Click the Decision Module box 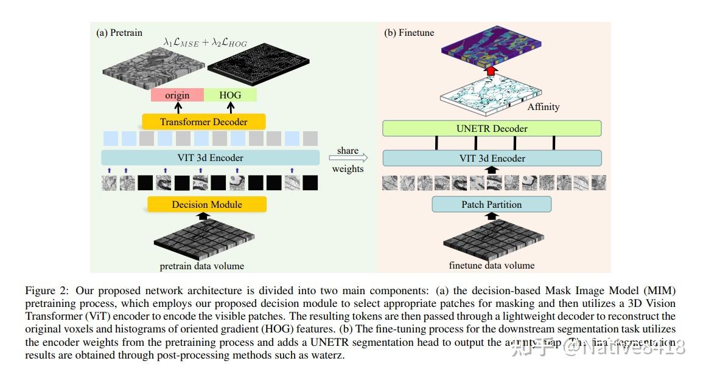coord(207,205)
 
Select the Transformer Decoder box coord(203,122)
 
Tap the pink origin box coord(177,95)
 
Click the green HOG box coord(230,95)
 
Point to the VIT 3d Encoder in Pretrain coord(211,158)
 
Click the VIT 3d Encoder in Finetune coord(491,159)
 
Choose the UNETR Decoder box coord(491,128)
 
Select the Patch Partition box coord(491,204)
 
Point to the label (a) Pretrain coord(119,32)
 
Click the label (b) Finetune coord(409,32)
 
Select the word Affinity coord(543,106)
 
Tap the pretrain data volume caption coord(201,266)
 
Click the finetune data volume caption coord(491,265)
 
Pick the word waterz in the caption coord(330,355)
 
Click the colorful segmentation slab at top coord(491,47)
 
